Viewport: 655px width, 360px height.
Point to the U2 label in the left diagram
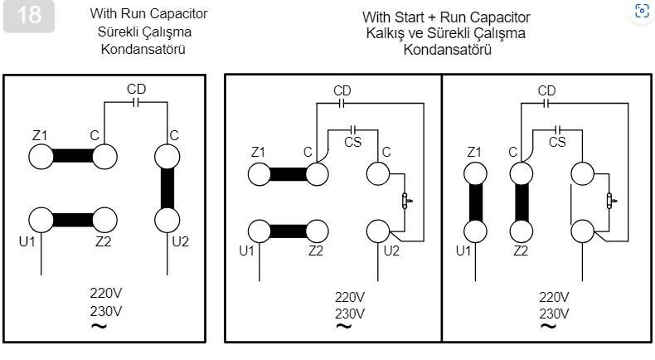180,242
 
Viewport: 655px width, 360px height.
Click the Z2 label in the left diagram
104,242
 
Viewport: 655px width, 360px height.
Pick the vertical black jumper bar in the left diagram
168,187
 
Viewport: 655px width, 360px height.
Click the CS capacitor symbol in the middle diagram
354,129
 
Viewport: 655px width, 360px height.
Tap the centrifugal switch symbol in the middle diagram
405,201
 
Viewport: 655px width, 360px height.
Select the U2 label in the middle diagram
392,251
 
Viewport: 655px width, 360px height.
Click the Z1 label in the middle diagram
258,152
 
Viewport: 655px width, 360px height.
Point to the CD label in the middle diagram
342,90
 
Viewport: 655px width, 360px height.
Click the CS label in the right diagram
557,142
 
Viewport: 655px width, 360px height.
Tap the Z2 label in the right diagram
521,251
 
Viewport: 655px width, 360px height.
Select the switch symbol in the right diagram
609,201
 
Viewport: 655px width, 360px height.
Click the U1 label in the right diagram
463,251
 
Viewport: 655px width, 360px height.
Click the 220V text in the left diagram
106,294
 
